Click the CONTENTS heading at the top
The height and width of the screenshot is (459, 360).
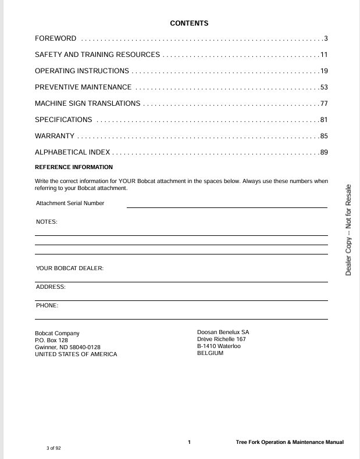click(x=189, y=23)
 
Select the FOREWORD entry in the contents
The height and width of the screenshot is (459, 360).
click(x=56, y=38)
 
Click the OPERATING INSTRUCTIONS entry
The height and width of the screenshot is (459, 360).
click(x=82, y=71)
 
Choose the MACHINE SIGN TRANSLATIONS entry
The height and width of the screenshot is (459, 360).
click(x=88, y=103)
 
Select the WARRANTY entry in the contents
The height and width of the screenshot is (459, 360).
click(x=55, y=136)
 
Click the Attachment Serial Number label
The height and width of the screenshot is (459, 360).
click(x=70, y=203)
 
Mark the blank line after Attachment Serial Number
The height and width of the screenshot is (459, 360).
click(x=227, y=207)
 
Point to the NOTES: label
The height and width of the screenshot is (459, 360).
click(x=47, y=222)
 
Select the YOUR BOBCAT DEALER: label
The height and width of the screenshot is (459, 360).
click(x=70, y=268)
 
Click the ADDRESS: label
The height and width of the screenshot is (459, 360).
click(x=51, y=287)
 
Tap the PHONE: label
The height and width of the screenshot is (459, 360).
click(x=47, y=305)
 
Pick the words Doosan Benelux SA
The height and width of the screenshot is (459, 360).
click(x=223, y=332)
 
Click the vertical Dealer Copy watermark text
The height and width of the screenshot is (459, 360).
click(x=348, y=230)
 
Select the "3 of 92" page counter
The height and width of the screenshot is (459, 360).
click(x=54, y=448)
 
